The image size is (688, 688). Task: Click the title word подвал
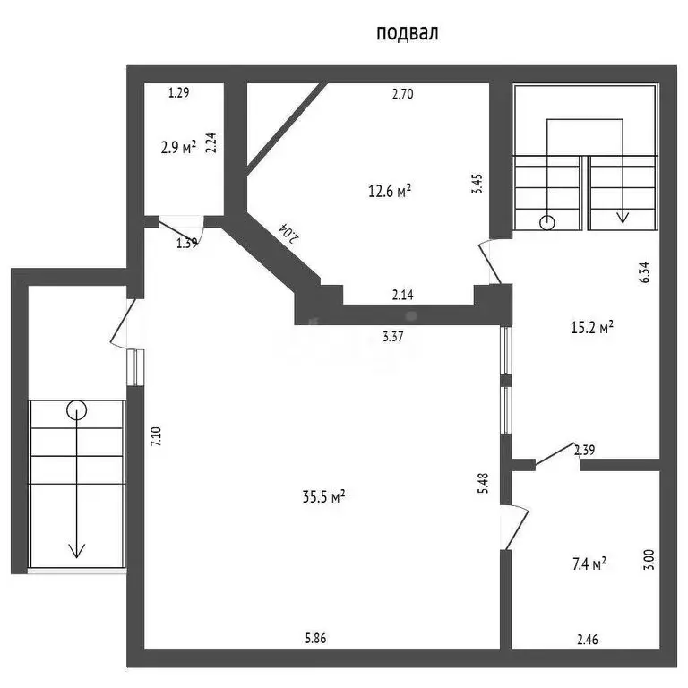point(408,33)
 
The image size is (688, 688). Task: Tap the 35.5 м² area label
point(323,496)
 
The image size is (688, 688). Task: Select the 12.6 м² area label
point(390,191)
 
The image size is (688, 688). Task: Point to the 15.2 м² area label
point(592,327)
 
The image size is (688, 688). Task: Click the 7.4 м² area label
point(589,563)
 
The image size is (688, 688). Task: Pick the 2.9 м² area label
point(178,148)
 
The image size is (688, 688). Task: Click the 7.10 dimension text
point(157,436)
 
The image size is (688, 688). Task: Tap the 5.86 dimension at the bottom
point(316,638)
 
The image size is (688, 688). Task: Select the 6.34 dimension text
point(645,272)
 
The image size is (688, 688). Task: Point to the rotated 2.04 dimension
point(289,234)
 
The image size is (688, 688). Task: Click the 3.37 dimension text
point(392,337)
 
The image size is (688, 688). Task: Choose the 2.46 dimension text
point(588,640)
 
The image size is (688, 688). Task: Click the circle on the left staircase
point(77,410)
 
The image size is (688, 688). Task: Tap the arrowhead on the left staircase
point(77,551)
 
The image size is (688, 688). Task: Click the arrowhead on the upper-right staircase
point(623,218)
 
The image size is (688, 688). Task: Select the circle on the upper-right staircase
point(547,223)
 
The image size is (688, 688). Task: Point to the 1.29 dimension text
point(178,92)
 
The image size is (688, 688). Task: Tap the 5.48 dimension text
point(483,483)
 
